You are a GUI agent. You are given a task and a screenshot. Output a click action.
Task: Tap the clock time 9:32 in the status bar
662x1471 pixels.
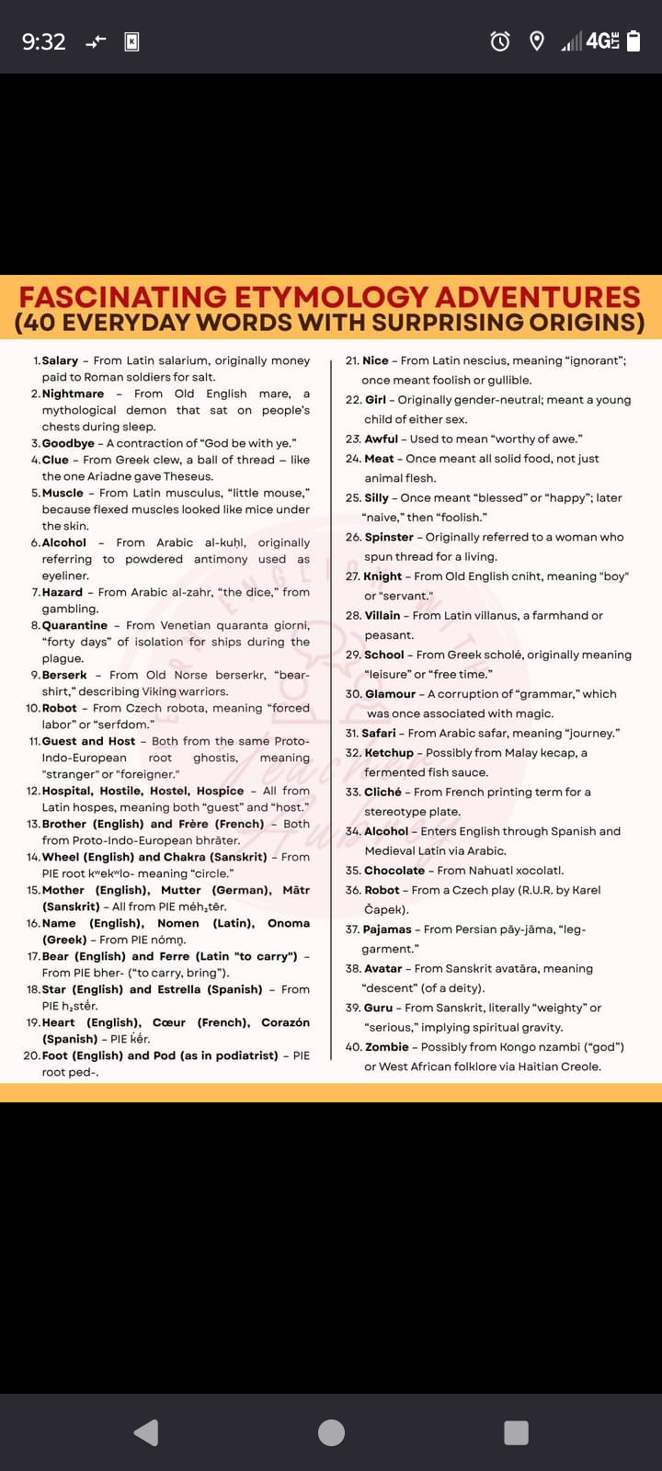click(43, 41)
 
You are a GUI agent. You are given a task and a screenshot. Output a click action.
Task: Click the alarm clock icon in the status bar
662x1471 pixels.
click(500, 41)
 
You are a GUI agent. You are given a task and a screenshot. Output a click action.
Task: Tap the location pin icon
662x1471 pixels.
click(537, 41)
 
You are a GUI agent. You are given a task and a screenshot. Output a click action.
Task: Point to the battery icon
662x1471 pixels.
click(633, 41)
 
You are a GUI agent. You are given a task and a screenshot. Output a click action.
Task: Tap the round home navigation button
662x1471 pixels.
click(331, 1432)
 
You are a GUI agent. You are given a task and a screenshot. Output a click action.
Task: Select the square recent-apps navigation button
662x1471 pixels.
click(517, 1432)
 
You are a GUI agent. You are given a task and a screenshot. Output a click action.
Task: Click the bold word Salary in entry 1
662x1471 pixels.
click(60, 360)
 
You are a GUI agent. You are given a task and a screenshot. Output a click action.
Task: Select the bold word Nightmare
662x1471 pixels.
click(73, 393)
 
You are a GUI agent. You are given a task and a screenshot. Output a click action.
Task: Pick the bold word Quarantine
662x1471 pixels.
click(74, 625)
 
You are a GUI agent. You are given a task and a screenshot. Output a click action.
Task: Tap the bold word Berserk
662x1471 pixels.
click(64, 675)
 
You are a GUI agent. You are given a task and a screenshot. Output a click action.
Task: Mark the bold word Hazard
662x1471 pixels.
click(63, 592)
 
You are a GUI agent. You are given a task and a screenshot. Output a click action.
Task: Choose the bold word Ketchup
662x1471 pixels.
click(389, 753)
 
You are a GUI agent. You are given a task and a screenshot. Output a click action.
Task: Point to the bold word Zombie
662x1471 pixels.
click(386, 1047)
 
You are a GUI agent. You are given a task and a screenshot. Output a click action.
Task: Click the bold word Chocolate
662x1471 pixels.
click(394, 871)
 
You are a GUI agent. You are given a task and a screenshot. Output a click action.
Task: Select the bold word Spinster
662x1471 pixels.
click(389, 537)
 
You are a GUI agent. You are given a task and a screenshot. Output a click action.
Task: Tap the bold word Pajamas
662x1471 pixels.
click(387, 929)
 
